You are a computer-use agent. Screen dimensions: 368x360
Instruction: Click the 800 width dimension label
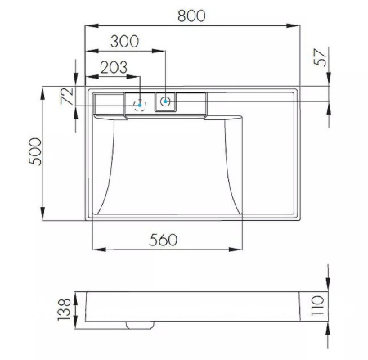[x=191, y=16]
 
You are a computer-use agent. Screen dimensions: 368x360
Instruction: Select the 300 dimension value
[x=124, y=41]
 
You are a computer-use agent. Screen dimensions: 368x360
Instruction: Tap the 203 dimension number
[x=114, y=67]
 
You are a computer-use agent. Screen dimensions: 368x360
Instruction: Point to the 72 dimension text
[x=67, y=96]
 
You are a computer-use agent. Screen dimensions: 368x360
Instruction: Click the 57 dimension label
[x=321, y=57]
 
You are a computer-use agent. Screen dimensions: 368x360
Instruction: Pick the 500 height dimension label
[x=35, y=151]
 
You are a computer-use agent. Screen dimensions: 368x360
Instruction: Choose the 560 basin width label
[x=163, y=240]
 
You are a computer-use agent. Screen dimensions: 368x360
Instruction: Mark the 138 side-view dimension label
[x=64, y=310]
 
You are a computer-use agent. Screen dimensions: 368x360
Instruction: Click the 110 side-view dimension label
[x=318, y=306]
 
